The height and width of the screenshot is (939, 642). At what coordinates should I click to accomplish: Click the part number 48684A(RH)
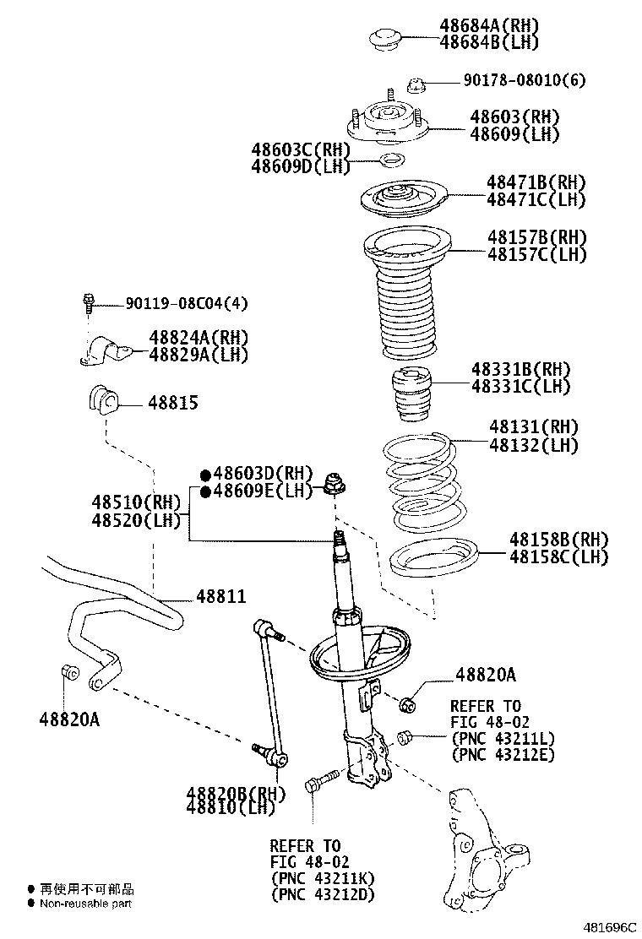488,26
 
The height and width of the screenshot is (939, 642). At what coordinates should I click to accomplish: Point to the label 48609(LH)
514,133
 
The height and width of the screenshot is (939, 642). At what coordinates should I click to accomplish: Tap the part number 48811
220,597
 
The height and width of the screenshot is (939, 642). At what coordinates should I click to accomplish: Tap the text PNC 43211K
322,878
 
